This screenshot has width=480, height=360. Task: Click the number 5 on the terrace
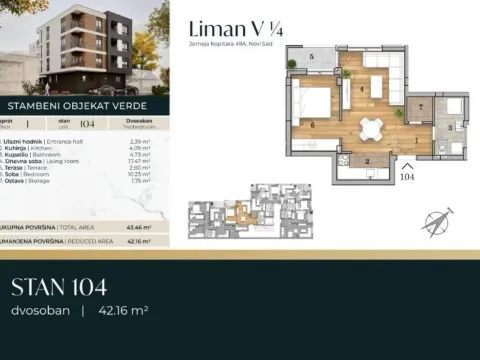(313, 58)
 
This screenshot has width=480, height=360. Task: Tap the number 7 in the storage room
(421, 105)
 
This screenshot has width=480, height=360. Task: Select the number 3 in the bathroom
(449, 127)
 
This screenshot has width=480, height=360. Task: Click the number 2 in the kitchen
(368, 160)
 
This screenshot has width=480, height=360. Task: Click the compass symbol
(438, 220)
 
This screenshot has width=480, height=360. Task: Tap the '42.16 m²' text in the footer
(122, 311)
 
